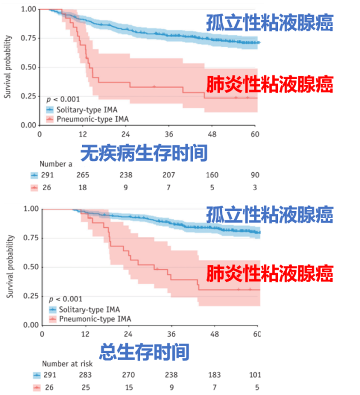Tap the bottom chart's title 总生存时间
coord(144,352)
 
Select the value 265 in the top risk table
coord(83,175)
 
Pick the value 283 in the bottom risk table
coord(85,375)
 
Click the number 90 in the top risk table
coord(255,175)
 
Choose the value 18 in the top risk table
coord(83,187)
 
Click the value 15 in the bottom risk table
coord(128,387)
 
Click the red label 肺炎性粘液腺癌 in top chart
coord(270,85)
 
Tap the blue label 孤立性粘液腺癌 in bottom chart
coord(270,214)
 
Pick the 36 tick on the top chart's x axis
coord(169,135)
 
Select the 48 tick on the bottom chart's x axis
coord(214,334)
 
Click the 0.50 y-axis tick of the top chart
coord(28,67)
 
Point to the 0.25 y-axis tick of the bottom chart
coord(30,296)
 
